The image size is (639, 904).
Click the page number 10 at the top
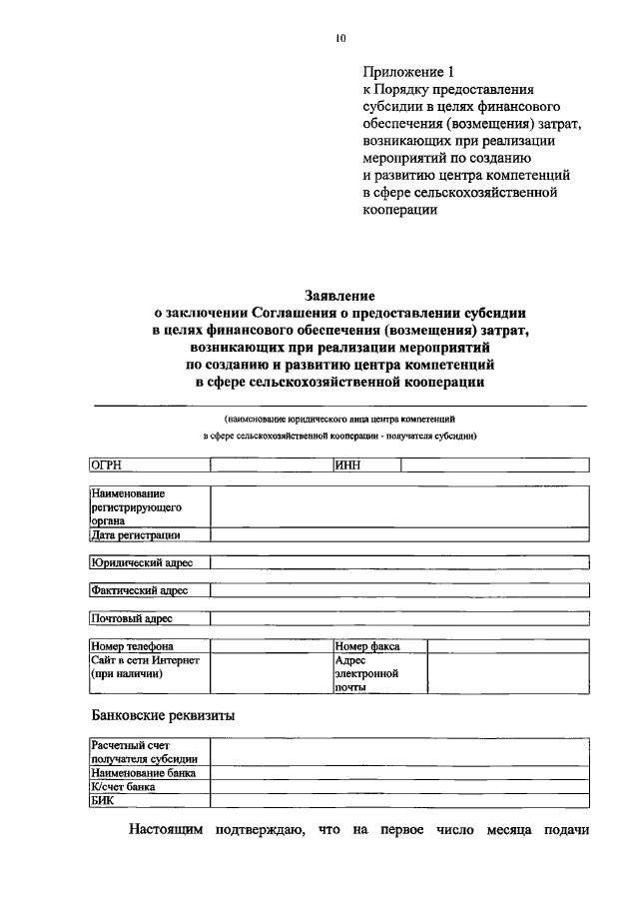pyautogui.click(x=340, y=39)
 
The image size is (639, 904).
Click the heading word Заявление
pyautogui.click(x=339, y=296)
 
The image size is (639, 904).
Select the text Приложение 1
pyautogui.click(x=408, y=72)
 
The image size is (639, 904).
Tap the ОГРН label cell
pyautogui.click(x=148, y=464)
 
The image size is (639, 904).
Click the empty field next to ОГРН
pyautogui.click(x=270, y=464)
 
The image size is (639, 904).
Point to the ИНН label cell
pyautogui.click(x=366, y=464)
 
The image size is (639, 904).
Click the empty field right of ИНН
pyautogui.click(x=494, y=464)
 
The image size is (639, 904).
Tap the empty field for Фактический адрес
pyautogui.click(x=399, y=590)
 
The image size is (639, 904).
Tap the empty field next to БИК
pyautogui.click(x=399, y=800)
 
